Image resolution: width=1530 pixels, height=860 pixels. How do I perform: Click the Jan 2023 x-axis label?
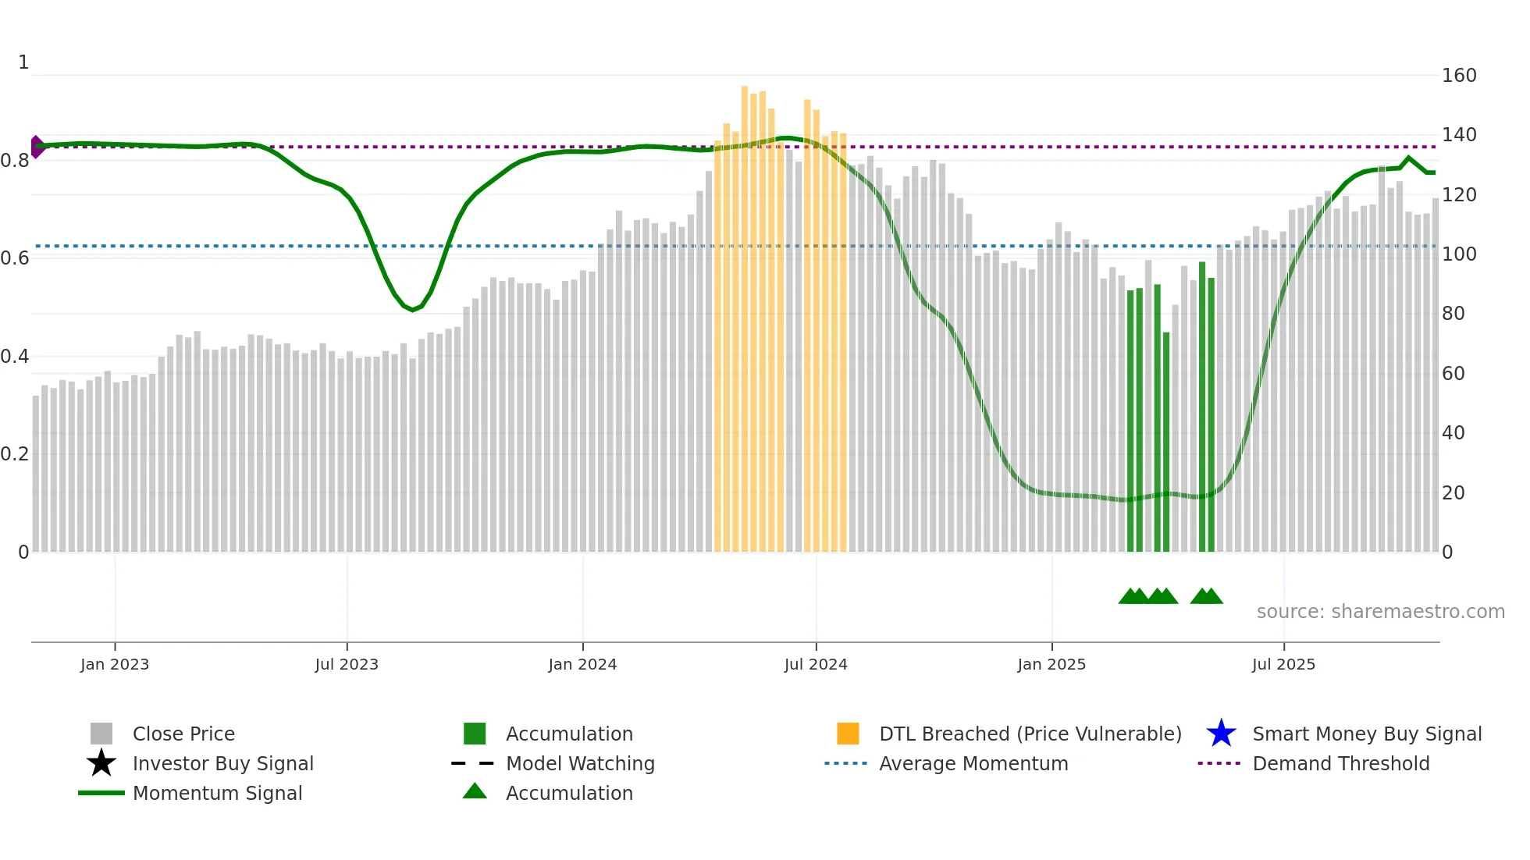click(115, 664)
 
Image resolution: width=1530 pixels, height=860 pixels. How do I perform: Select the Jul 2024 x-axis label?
click(816, 664)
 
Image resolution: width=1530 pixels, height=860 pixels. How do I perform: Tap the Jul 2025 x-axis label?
click(1283, 664)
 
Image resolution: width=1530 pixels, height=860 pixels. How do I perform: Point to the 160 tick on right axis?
click(1458, 76)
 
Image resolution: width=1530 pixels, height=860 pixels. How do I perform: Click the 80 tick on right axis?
click(1453, 314)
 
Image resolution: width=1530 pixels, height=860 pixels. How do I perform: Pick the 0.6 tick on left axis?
click(15, 258)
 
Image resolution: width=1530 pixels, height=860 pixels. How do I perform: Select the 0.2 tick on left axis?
click(15, 454)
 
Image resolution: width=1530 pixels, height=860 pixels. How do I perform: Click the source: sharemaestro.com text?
click(1380, 611)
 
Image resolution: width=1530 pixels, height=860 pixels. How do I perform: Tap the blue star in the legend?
click(1221, 734)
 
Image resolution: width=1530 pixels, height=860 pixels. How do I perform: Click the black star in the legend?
click(101, 763)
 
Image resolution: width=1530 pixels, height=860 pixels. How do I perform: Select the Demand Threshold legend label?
click(1340, 763)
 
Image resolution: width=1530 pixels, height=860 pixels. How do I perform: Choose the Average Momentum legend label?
click(973, 763)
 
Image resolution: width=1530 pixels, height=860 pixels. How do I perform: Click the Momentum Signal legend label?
click(217, 793)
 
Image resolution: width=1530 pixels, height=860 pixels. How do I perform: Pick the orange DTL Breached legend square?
click(848, 734)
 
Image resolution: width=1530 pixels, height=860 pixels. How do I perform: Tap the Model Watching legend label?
click(580, 763)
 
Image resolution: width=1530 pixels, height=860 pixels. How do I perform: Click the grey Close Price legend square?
click(101, 734)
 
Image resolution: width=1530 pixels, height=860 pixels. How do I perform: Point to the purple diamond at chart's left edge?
click(37, 147)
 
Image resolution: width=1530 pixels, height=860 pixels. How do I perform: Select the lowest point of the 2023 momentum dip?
click(413, 310)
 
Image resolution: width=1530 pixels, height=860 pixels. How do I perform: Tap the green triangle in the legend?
click(475, 791)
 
